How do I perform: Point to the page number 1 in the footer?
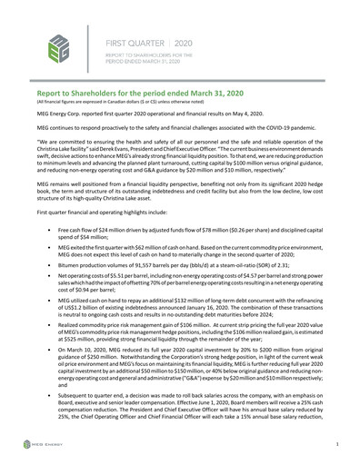pos(336,443)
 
